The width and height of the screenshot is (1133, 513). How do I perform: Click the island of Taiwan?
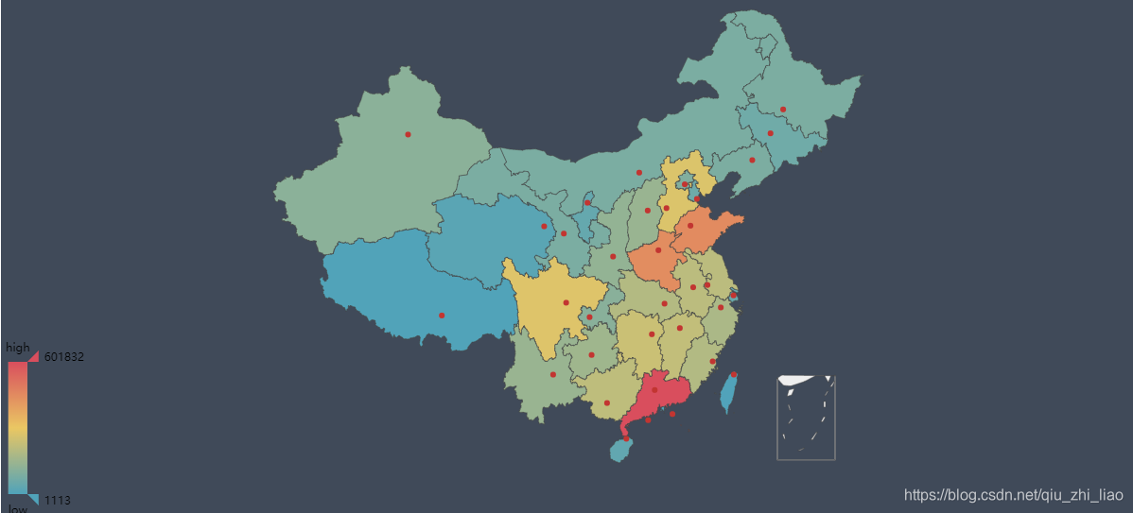click(x=729, y=393)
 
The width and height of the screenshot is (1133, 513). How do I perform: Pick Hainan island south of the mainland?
click(x=620, y=451)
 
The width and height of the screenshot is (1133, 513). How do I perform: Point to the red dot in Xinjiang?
click(x=408, y=134)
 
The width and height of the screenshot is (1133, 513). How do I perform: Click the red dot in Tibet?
click(x=442, y=316)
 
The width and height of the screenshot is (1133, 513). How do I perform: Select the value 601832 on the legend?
click(x=64, y=357)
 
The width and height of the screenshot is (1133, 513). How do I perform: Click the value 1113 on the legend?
click(x=58, y=501)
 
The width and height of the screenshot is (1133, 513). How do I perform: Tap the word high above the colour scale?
click(x=18, y=348)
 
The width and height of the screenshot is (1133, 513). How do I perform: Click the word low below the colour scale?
click(x=18, y=508)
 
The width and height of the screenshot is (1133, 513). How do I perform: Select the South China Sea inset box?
click(x=806, y=418)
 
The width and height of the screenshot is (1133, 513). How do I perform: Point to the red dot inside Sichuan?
click(x=566, y=302)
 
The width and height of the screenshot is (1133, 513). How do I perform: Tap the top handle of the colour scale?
click(x=33, y=356)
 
